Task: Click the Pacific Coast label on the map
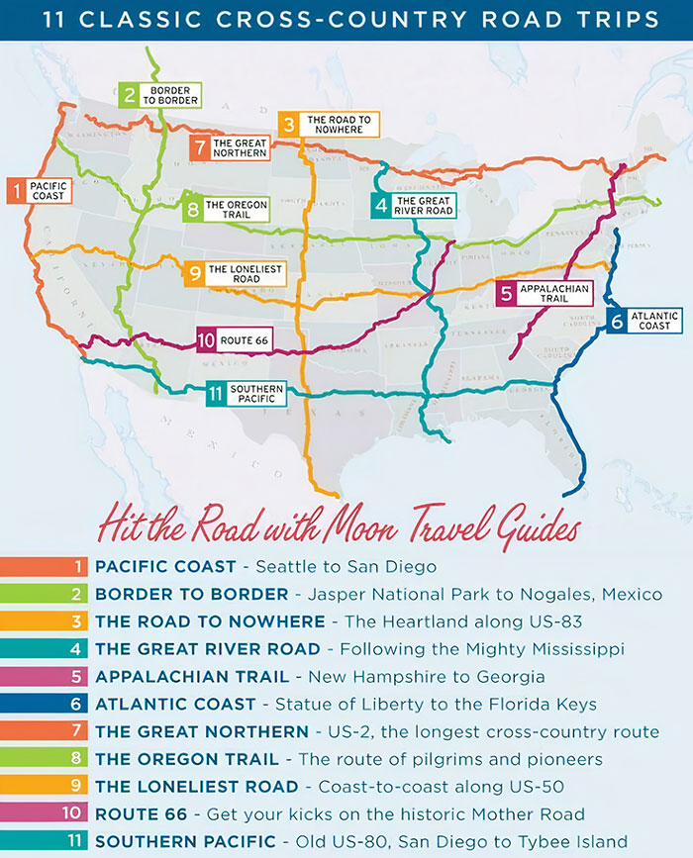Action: coord(39,190)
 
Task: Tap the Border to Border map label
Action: coord(160,95)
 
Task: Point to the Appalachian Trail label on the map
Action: coord(544,293)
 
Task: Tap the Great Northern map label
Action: coord(230,147)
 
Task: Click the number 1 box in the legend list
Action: coord(75,567)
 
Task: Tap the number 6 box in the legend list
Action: coord(75,705)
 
